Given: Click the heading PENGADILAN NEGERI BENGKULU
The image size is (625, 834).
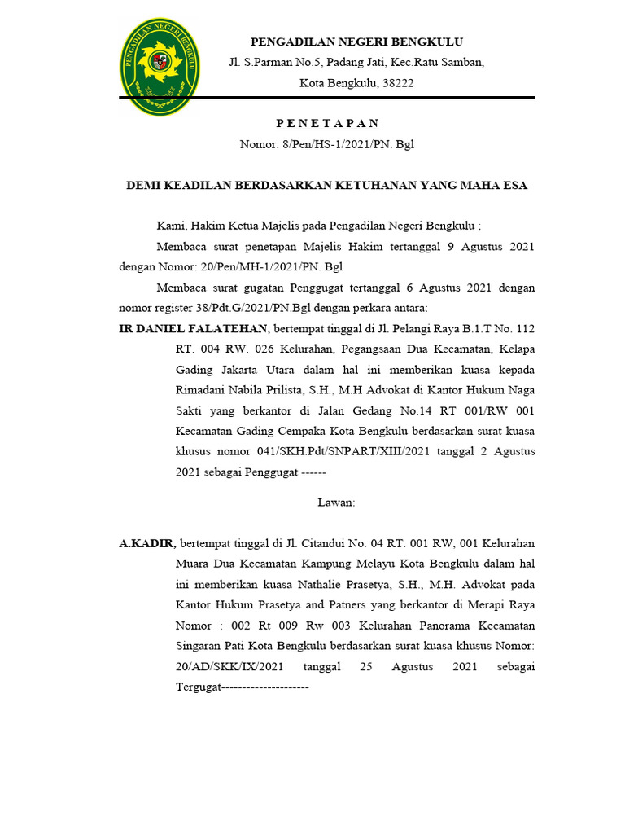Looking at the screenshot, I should (x=356, y=42).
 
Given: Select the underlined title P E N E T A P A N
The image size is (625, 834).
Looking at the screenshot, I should (x=327, y=123).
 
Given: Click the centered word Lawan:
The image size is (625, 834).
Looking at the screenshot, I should (x=336, y=502).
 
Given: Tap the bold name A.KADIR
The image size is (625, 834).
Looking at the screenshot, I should (x=147, y=542).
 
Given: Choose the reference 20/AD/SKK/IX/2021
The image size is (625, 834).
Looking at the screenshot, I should (x=229, y=667).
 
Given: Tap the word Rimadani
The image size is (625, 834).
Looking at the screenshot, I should (x=201, y=390).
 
